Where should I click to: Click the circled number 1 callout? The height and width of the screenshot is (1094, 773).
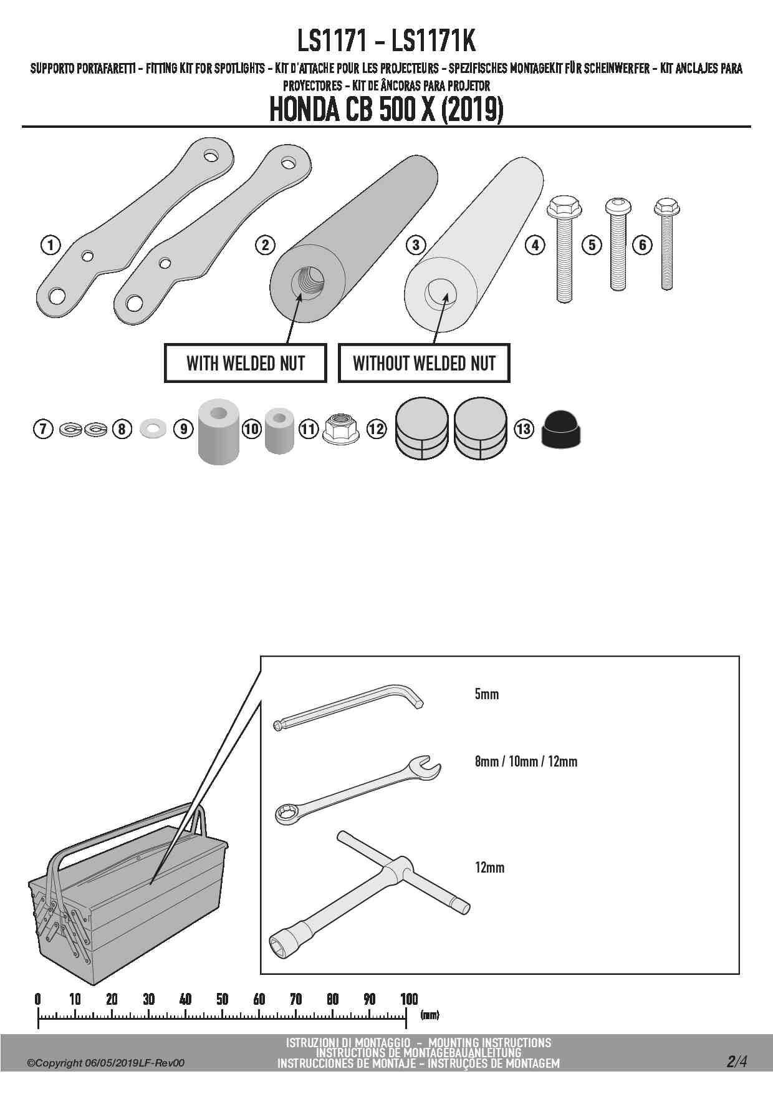click(x=50, y=244)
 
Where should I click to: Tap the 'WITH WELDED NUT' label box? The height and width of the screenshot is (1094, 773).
click(x=245, y=363)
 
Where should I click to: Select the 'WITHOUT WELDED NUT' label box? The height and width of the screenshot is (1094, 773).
click(x=424, y=363)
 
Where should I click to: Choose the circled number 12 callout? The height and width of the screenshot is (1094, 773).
click(x=377, y=429)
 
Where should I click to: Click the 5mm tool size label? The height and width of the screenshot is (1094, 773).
click(x=487, y=694)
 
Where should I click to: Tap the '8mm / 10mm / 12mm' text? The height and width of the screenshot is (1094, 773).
click(x=526, y=762)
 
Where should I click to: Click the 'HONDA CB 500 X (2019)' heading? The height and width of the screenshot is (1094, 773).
click(x=386, y=110)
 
